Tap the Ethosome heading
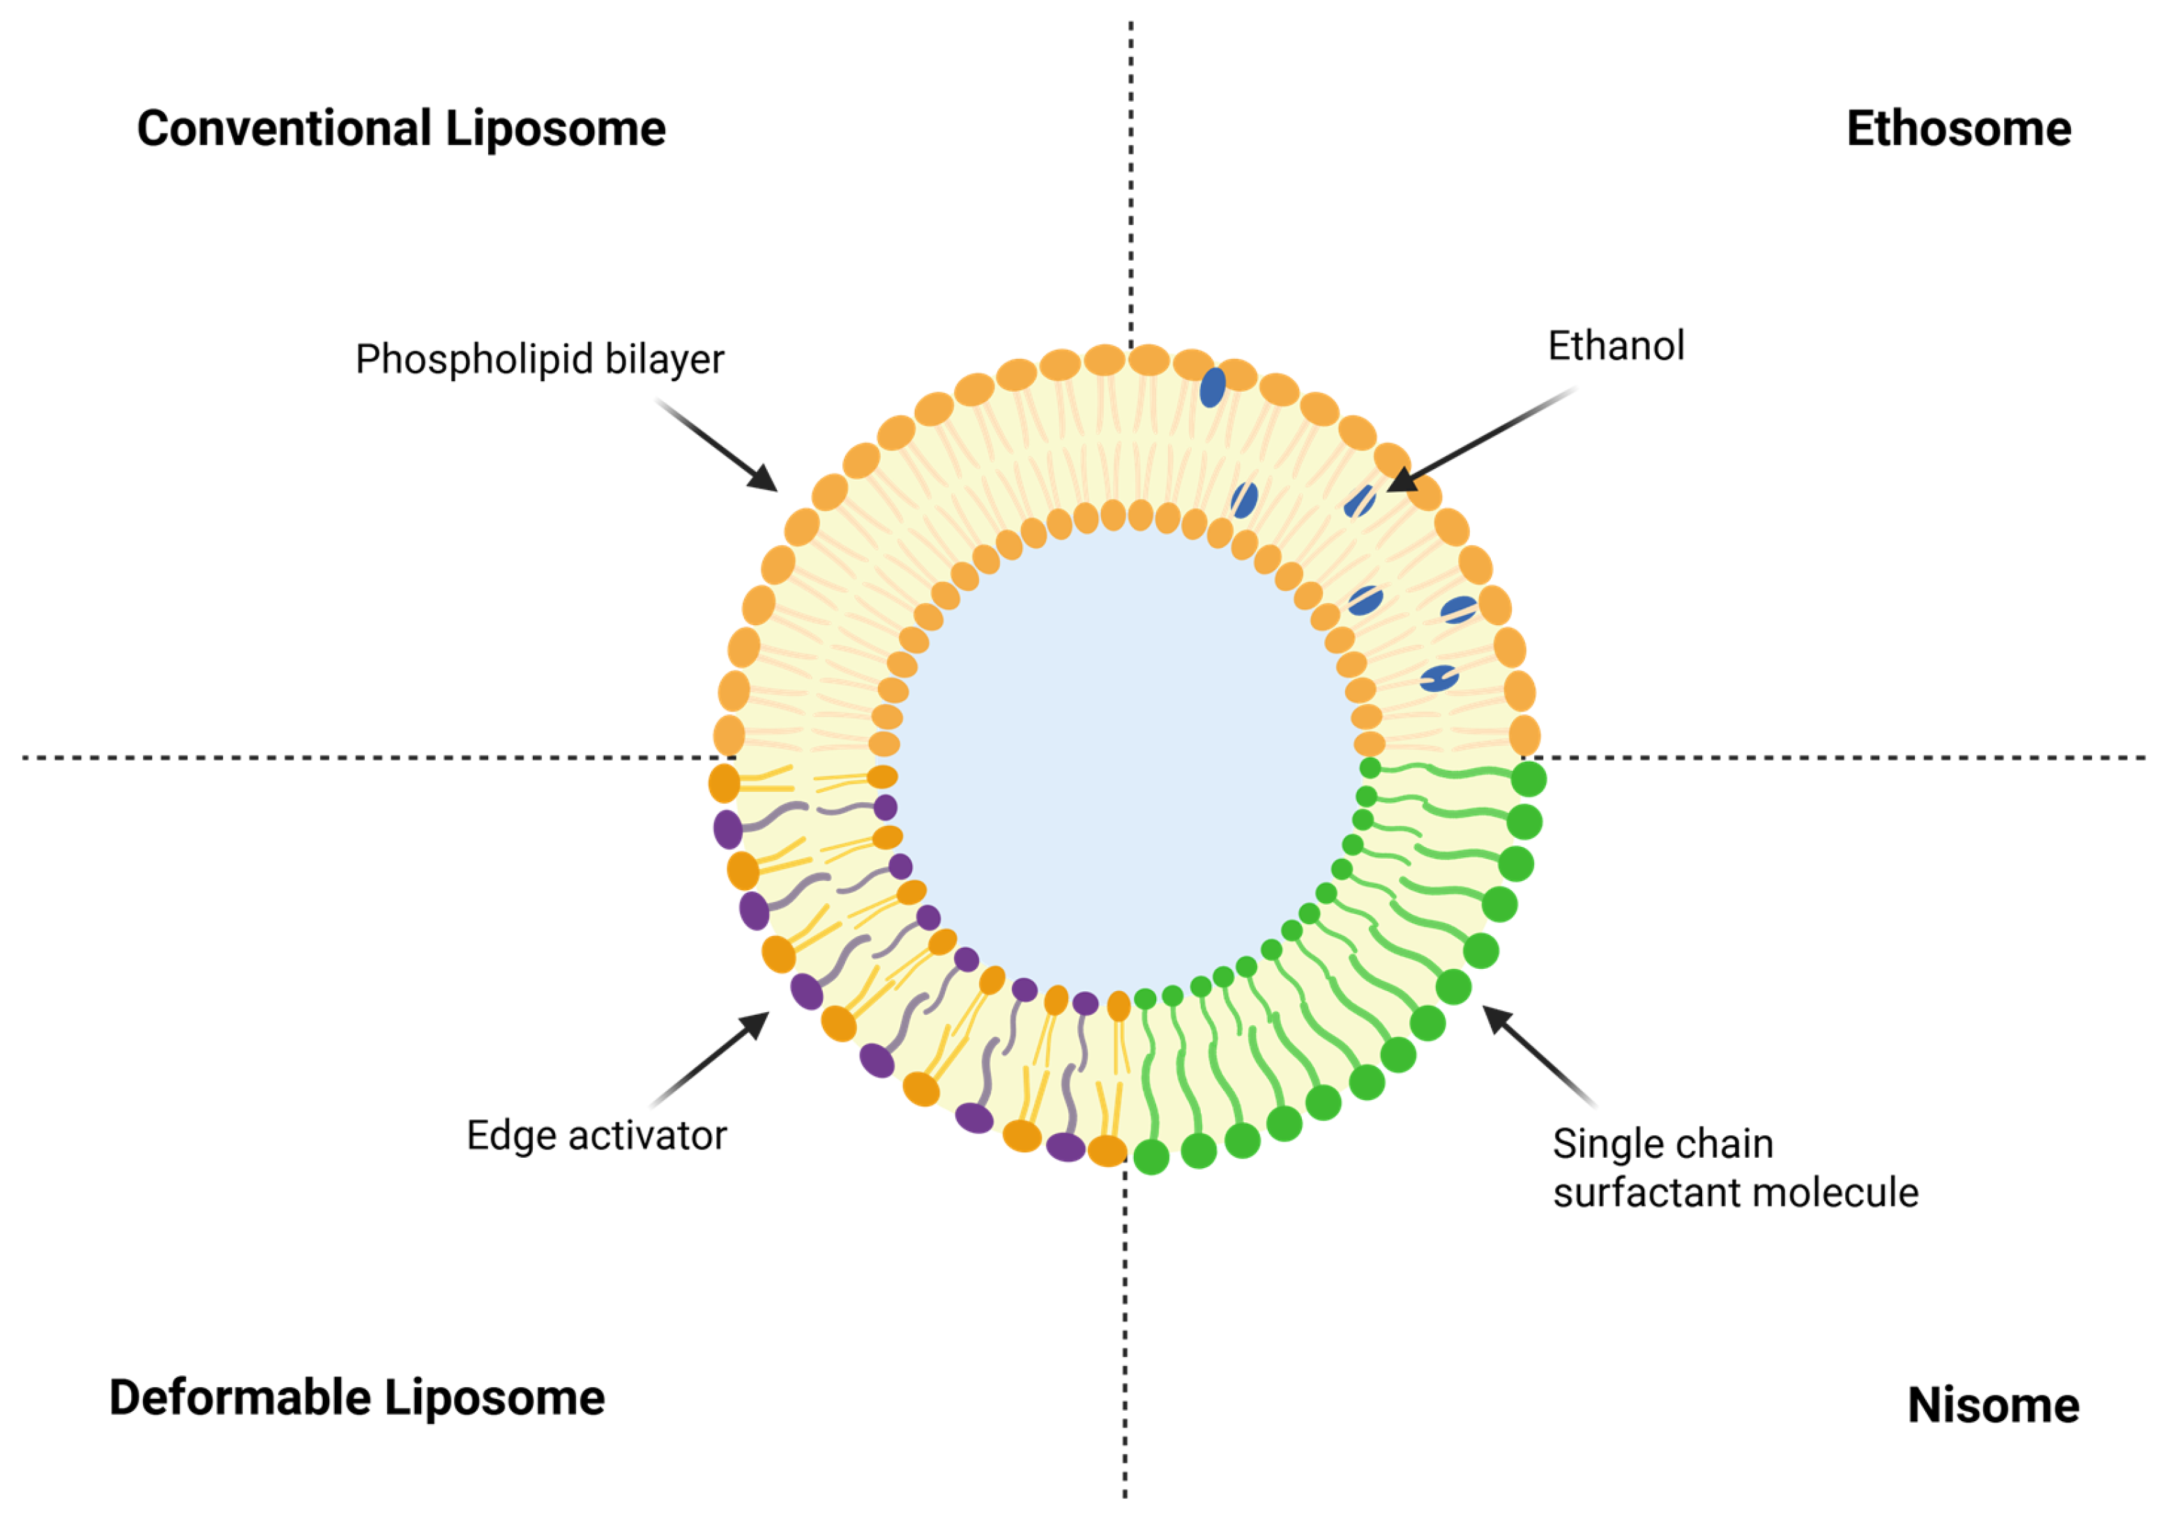(x=1959, y=128)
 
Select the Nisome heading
(x=1992, y=1405)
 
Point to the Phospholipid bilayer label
(x=539, y=360)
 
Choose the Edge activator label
(x=597, y=1136)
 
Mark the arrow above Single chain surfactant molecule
(x=1539, y=1054)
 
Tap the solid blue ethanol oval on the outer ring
(x=1212, y=387)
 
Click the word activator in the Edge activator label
(x=648, y=1136)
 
